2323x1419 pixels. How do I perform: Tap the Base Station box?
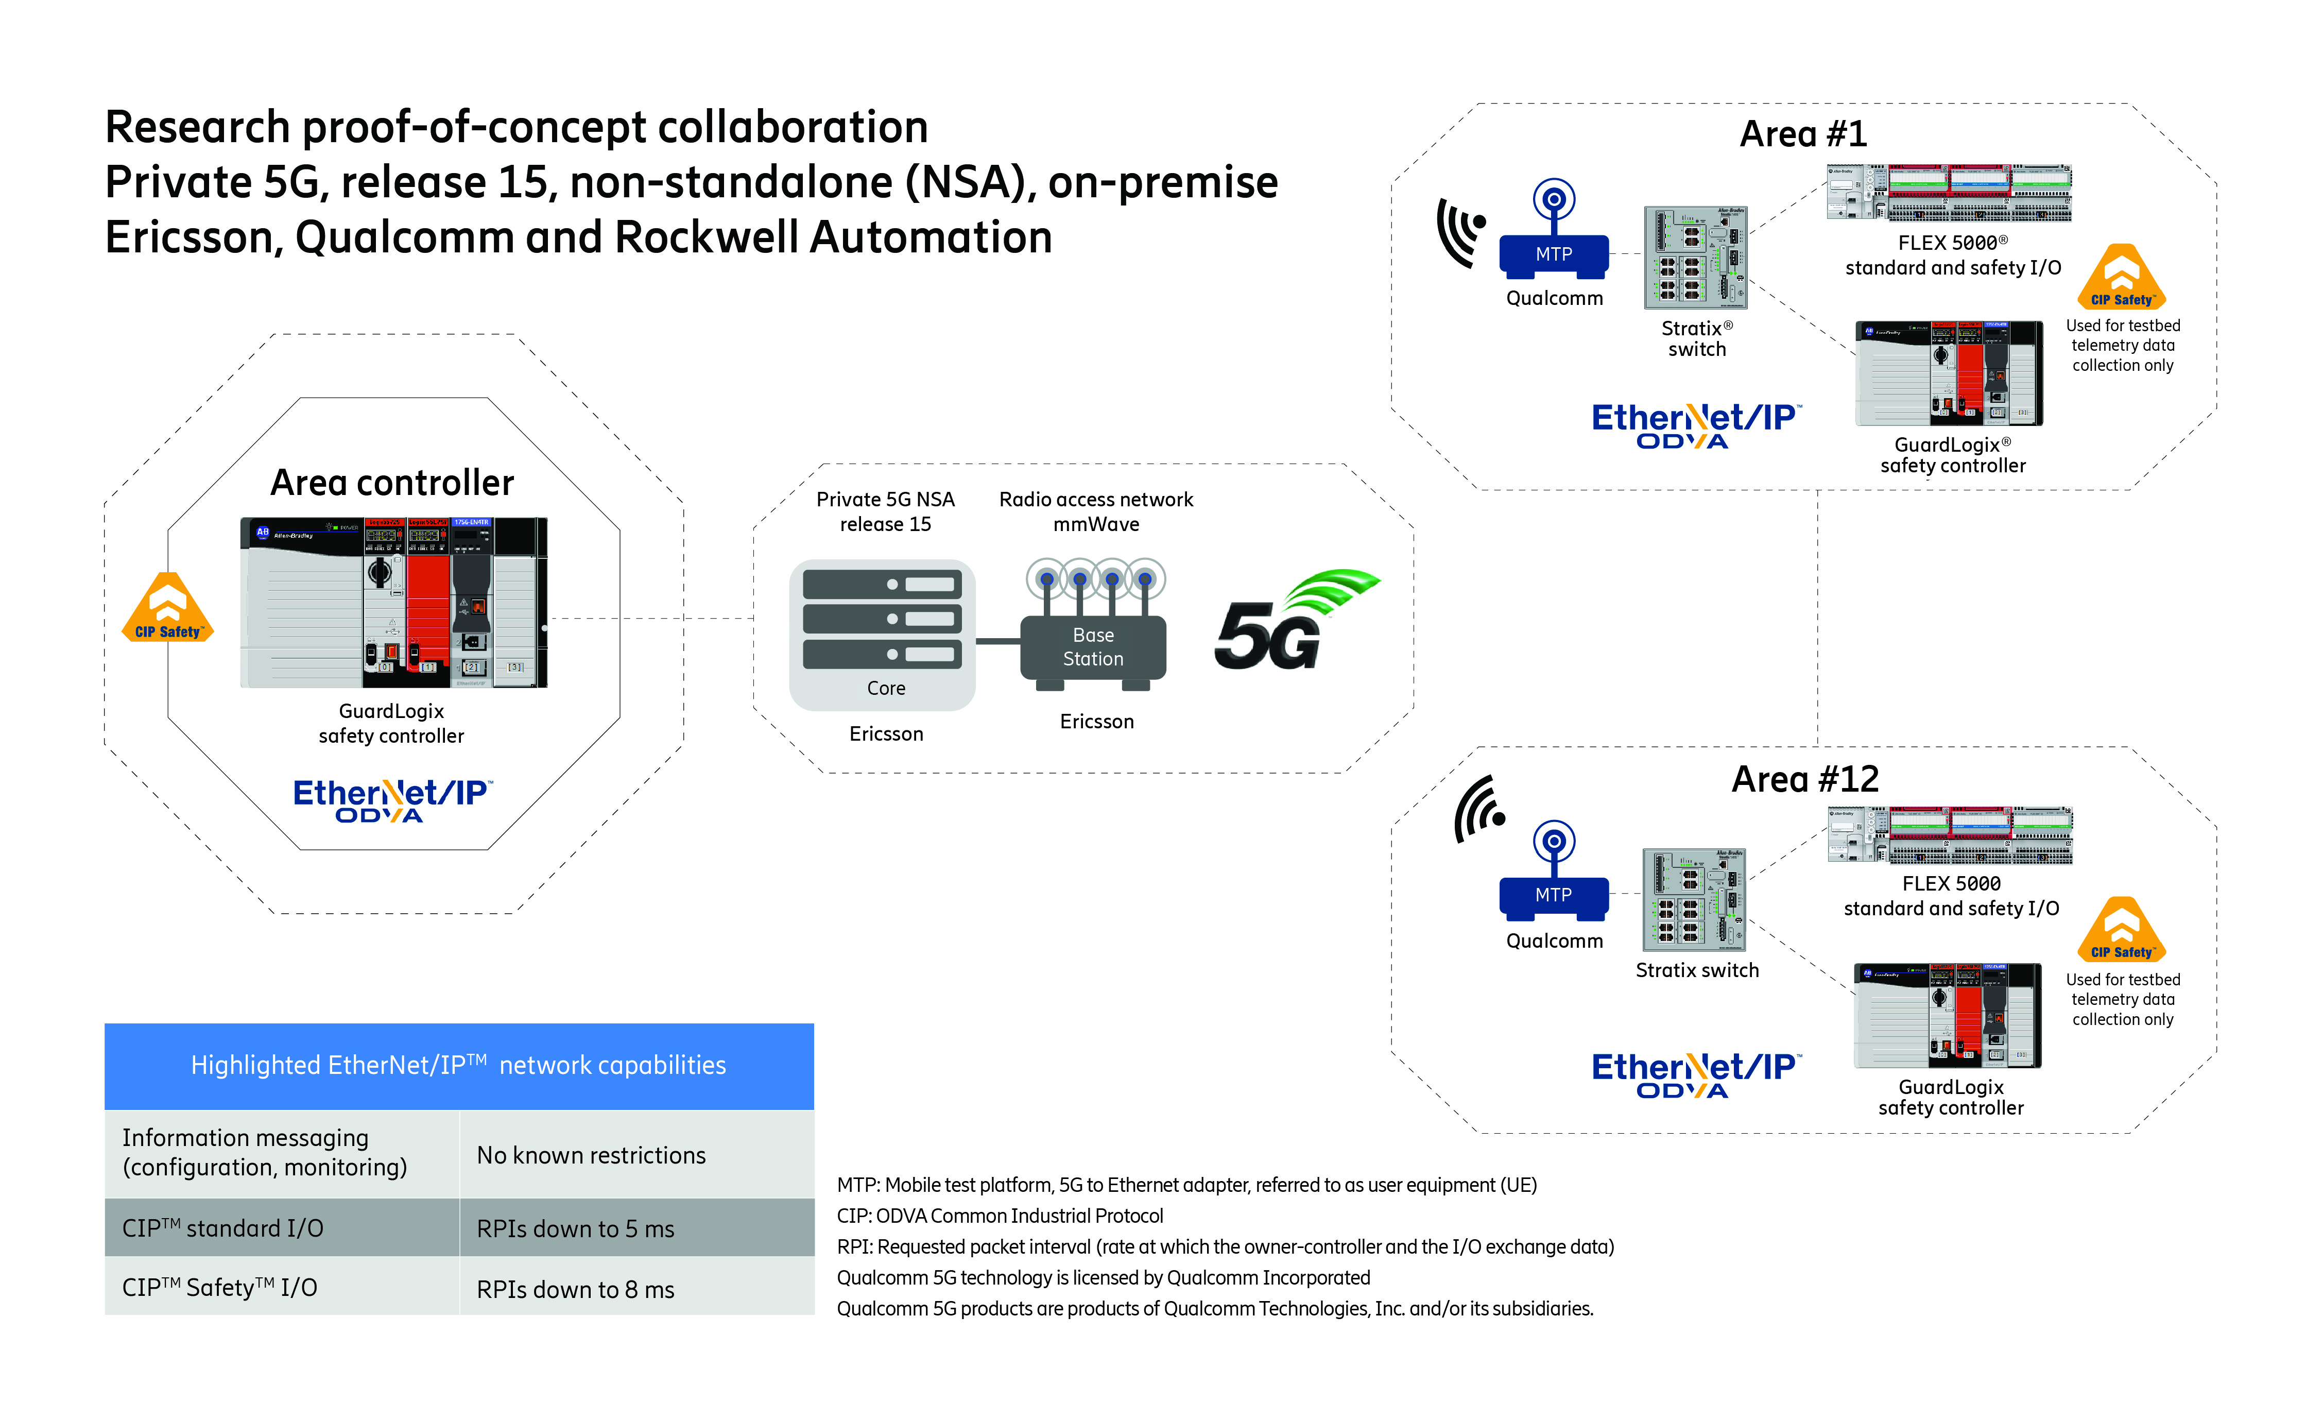tap(1093, 647)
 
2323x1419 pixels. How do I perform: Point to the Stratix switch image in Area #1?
tap(1695, 258)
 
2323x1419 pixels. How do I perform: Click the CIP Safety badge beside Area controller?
tap(168, 610)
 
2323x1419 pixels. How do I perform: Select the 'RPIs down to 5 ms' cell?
tap(636, 1228)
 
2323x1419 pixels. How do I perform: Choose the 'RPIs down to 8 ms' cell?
tap(636, 1288)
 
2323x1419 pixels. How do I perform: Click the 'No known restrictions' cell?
tap(636, 1155)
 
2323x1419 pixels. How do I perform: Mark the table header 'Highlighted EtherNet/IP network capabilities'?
tap(459, 1066)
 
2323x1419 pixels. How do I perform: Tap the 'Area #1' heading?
tap(1802, 134)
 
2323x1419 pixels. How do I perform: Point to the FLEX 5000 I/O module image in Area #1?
tap(1949, 193)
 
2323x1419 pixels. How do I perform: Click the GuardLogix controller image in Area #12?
tap(1947, 1016)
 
